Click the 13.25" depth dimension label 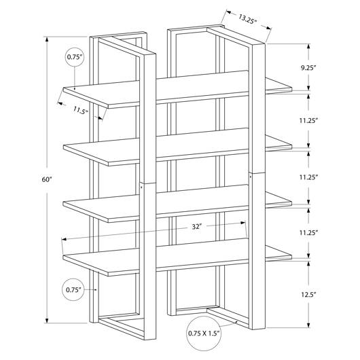coord(247,19)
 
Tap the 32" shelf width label coord(197,227)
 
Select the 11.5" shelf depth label coord(81,110)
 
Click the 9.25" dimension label coord(308,68)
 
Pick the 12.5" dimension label coord(309,295)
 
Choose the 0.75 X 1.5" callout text coord(204,333)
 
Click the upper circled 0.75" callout coord(75,57)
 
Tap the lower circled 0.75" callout coord(73,290)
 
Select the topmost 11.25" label coord(308,120)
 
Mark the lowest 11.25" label coord(308,233)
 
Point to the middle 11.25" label coord(308,177)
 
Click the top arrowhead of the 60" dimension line coord(47,39)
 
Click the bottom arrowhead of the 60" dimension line coord(47,321)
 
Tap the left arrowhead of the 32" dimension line coord(64,239)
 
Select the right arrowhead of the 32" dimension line coord(243,223)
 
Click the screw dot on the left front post coord(141,187)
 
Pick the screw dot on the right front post coord(251,177)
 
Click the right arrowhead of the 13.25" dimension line coord(269,28)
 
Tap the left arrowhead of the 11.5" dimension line coord(60,103)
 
